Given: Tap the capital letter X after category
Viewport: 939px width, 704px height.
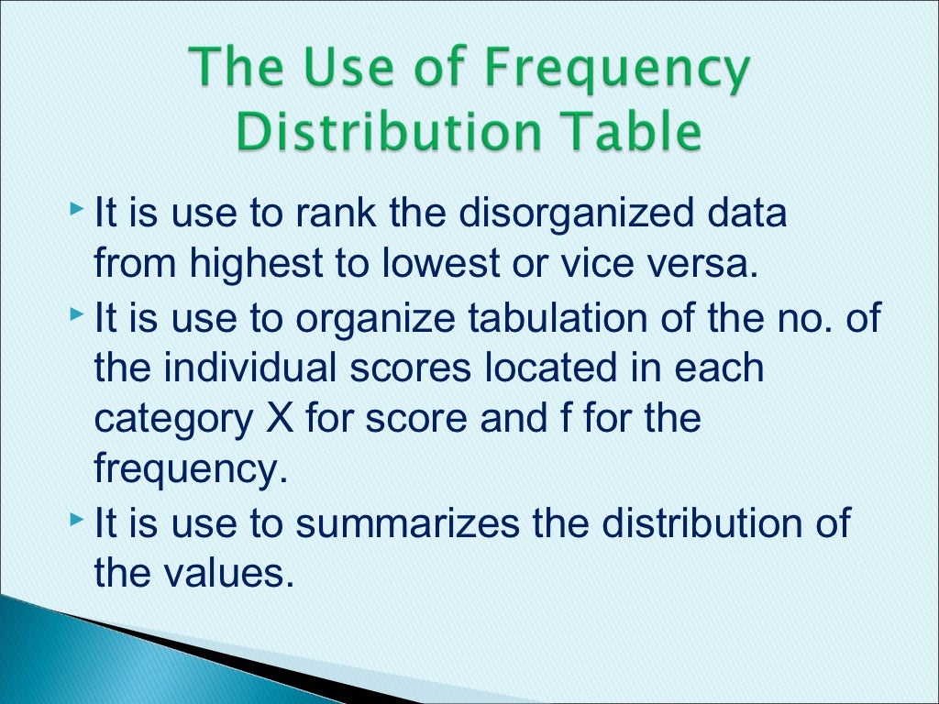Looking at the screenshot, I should click(x=276, y=419).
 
